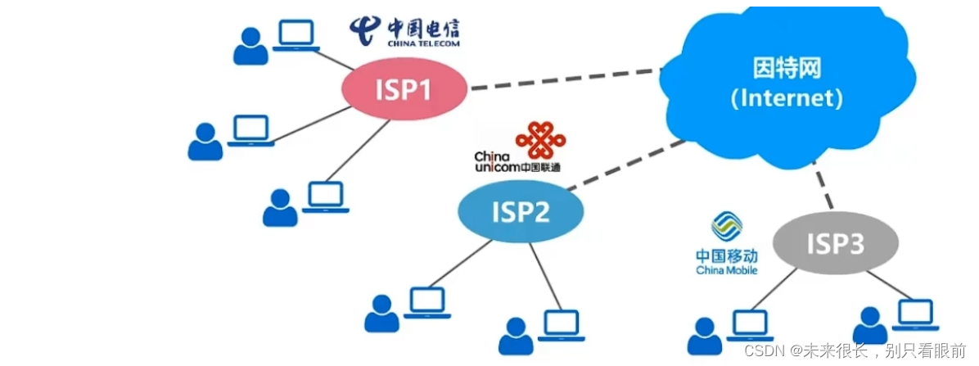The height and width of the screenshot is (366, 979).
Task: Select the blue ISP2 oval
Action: pyautogui.click(x=520, y=211)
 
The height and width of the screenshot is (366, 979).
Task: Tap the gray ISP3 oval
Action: pyautogui.click(x=835, y=242)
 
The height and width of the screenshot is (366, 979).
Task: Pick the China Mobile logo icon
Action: pyautogui.click(x=726, y=227)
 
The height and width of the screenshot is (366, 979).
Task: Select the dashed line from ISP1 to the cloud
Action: pyautogui.click(x=565, y=79)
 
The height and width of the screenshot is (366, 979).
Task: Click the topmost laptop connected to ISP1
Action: pyautogui.click(x=296, y=36)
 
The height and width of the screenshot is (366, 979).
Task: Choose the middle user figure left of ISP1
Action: pyautogui.click(x=205, y=142)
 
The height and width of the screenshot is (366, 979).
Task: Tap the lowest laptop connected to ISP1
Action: pyautogui.click(x=325, y=197)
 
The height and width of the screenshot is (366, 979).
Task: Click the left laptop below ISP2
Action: pyautogui.click(x=428, y=302)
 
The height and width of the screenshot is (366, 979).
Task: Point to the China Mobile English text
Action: pyautogui.click(x=726, y=270)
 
